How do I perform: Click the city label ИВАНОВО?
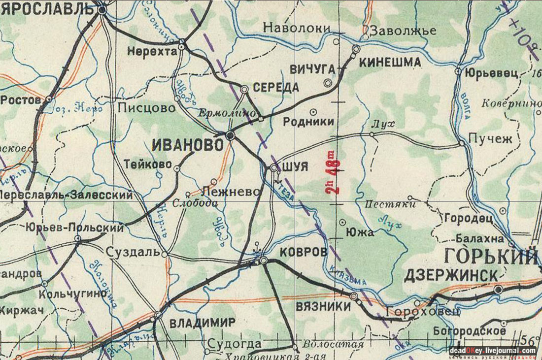click(188, 145)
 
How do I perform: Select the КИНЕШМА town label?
click(390, 63)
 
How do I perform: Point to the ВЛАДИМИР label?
click(203, 324)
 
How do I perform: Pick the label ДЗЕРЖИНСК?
click(451, 276)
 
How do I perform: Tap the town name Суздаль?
click(133, 253)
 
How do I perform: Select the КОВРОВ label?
click(303, 252)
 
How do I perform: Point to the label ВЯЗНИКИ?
click(323, 306)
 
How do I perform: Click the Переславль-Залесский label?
click(67, 195)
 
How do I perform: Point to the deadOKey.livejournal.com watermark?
click(492, 351)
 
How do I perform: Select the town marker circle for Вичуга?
click(327, 83)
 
